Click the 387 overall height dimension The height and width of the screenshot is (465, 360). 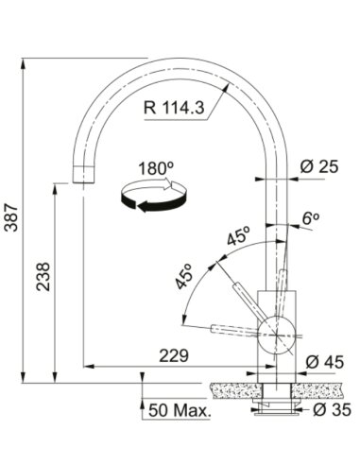coord(12,217)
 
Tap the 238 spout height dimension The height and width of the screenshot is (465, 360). coord(43,277)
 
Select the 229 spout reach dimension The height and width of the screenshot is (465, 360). coord(174,356)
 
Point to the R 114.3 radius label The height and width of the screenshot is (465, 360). coord(174,108)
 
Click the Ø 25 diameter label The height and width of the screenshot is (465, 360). coord(319,166)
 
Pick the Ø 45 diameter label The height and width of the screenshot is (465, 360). coord(324,362)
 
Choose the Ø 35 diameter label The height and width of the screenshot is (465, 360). coord(332,409)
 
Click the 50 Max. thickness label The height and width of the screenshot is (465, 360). coord(180,410)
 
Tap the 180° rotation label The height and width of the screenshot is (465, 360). coord(157,168)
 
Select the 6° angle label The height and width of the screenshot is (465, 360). coord(311,218)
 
